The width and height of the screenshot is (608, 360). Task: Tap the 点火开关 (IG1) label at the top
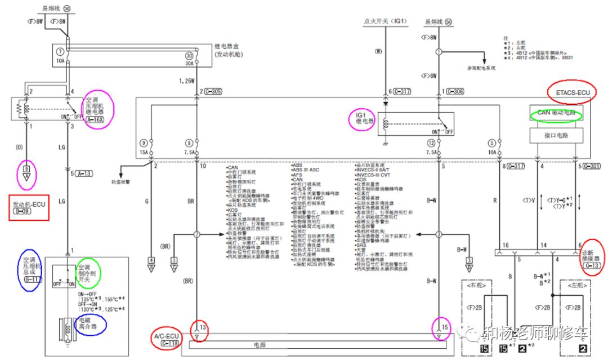click(x=385, y=21)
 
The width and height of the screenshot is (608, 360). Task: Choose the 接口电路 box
click(x=557, y=136)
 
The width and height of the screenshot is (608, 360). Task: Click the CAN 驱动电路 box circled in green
click(x=557, y=113)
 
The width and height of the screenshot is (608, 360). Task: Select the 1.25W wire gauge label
click(x=187, y=81)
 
